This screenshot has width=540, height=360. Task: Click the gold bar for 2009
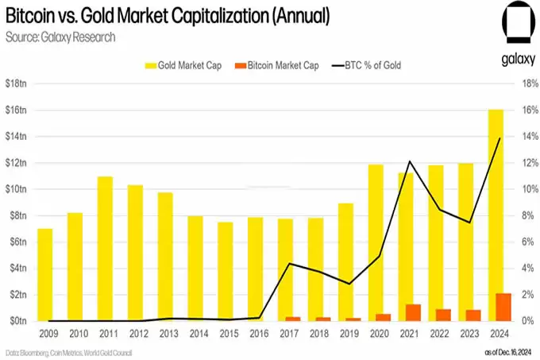click(44, 274)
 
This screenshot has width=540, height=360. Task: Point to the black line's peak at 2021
click(410, 161)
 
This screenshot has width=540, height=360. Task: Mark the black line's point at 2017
click(291, 264)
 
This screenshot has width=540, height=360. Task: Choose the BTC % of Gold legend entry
click(368, 65)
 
